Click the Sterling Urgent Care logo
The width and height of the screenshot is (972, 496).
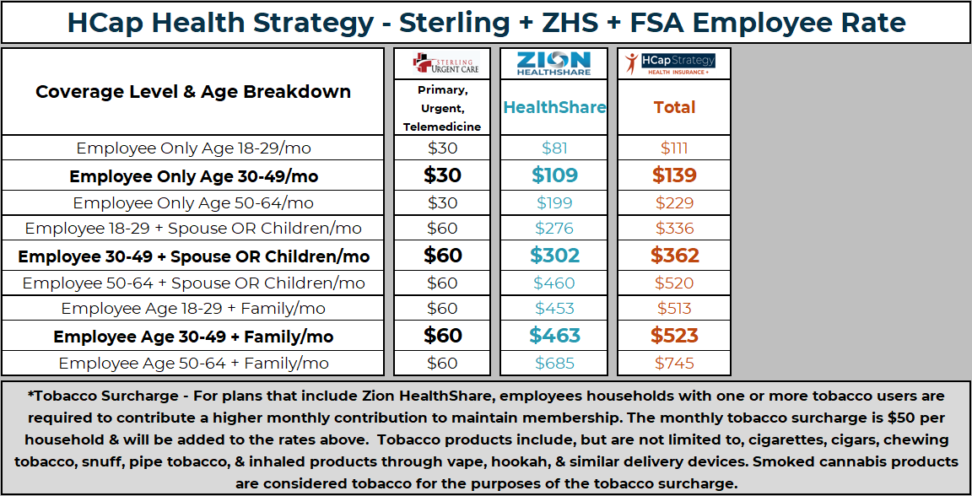click(x=445, y=64)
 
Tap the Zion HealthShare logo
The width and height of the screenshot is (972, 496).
click(x=553, y=64)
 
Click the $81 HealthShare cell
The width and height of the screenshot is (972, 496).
click(x=554, y=148)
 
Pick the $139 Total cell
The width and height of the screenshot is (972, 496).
click(x=674, y=175)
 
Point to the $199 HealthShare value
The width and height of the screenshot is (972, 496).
click(x=554, y=202)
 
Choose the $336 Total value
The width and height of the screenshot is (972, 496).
click(x=674, y=228)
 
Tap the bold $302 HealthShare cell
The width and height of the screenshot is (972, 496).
click(x=554, y=256)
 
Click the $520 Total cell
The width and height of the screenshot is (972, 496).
click(x=674, y=283)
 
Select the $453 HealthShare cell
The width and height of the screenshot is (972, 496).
click(x=554, y=308)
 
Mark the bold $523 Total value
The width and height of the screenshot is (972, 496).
click(x=674, y=336)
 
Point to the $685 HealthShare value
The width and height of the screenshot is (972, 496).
click(x=554, y=364)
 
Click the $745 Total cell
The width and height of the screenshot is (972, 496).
click(x=674, y=364)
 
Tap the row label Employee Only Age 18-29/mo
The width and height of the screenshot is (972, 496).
click(x=193, y=148)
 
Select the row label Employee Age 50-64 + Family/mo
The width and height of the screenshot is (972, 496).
click(x=193, y=364)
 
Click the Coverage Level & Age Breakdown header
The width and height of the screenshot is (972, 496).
click(x=193, y=92)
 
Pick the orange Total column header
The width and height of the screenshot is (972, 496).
click(x=674, y=107)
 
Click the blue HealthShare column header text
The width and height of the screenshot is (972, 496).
click(x=554, y=107)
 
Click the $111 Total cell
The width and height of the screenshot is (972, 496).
click(x=674, y=148)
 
